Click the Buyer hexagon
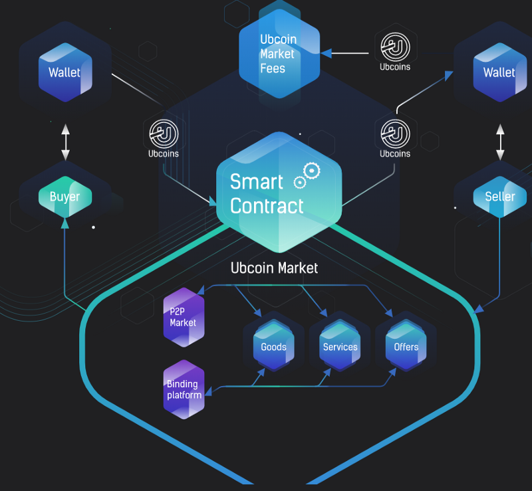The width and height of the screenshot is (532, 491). [65, 197]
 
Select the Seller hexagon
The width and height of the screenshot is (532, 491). [500, 197]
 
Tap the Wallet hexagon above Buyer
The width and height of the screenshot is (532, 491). [65, 72]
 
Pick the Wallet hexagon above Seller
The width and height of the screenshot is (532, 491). [500, 72]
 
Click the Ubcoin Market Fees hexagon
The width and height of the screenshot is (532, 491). [279, 54]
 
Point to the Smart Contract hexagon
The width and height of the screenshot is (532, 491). [279, 192]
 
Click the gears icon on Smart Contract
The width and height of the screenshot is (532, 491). [307, 175]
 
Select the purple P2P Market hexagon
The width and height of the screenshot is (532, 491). [184, 318]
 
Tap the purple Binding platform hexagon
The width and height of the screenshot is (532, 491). [184, 389]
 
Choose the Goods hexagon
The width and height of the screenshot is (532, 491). [273, 345]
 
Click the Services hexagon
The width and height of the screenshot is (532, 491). [340, 345]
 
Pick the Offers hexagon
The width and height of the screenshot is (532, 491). [406, 345]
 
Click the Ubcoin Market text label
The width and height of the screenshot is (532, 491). [274, 268]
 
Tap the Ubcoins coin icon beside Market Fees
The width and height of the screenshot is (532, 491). [395, 47]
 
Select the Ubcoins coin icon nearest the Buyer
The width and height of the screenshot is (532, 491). [164, 134]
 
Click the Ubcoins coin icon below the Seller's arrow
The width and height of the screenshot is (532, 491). [395, 134]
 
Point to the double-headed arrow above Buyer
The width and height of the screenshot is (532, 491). [65, 142]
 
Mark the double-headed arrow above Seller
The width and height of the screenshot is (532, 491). [500, 142]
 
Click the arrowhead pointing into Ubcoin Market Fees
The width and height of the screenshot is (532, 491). [326, 53]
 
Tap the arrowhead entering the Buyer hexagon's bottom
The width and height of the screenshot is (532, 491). [65, 223]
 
